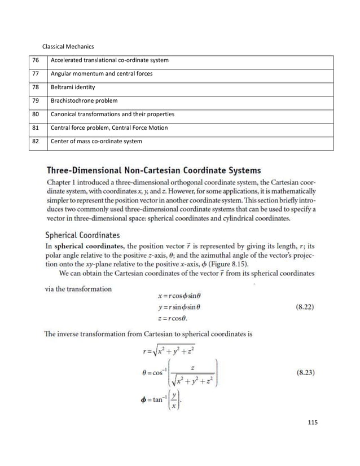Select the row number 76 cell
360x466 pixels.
[x=36, y=60]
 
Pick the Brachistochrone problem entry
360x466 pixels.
[x=84, y=101]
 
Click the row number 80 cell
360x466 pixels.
[x=36, y=115]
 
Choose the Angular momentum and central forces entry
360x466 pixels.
[x=102, y=73]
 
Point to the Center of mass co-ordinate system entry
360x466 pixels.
[x=96, y=141]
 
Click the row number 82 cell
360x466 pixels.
[x=36, y=141]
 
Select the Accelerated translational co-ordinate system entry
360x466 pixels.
[x=109, y=60]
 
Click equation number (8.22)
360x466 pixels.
[x=305, y=308]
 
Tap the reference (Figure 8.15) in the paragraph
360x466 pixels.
[x=229, y=263]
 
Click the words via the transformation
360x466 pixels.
[x=78, y=289]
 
